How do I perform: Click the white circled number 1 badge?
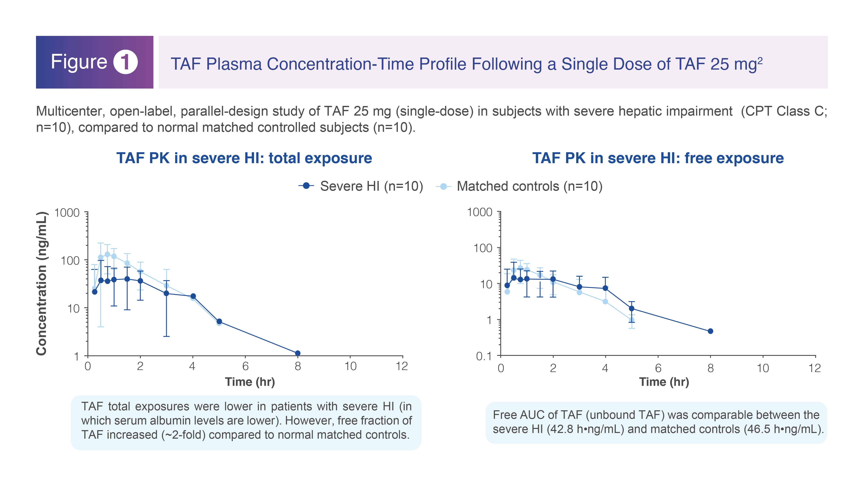pyautogui.click(x=125, y=62)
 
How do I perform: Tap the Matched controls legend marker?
pyautogui.click(x=443, y=186)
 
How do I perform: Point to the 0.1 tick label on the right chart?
pyautogui.click(x=484, y=356)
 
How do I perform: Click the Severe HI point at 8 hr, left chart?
pyautogui.click(x=298, y=353)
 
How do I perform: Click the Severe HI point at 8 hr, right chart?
pyautogui.click(x=710, y=331)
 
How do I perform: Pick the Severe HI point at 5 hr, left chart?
pyautogui.click(x=219, y=321)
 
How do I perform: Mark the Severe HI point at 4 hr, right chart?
pyautogui.click(x=605, y=288)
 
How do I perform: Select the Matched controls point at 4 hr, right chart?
pyautogui.click(x=605, y=302)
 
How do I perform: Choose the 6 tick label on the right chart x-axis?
pyautogui.click(x=658, y=368)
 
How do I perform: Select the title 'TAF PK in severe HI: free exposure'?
pyautogui.click(x=658, y=158)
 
